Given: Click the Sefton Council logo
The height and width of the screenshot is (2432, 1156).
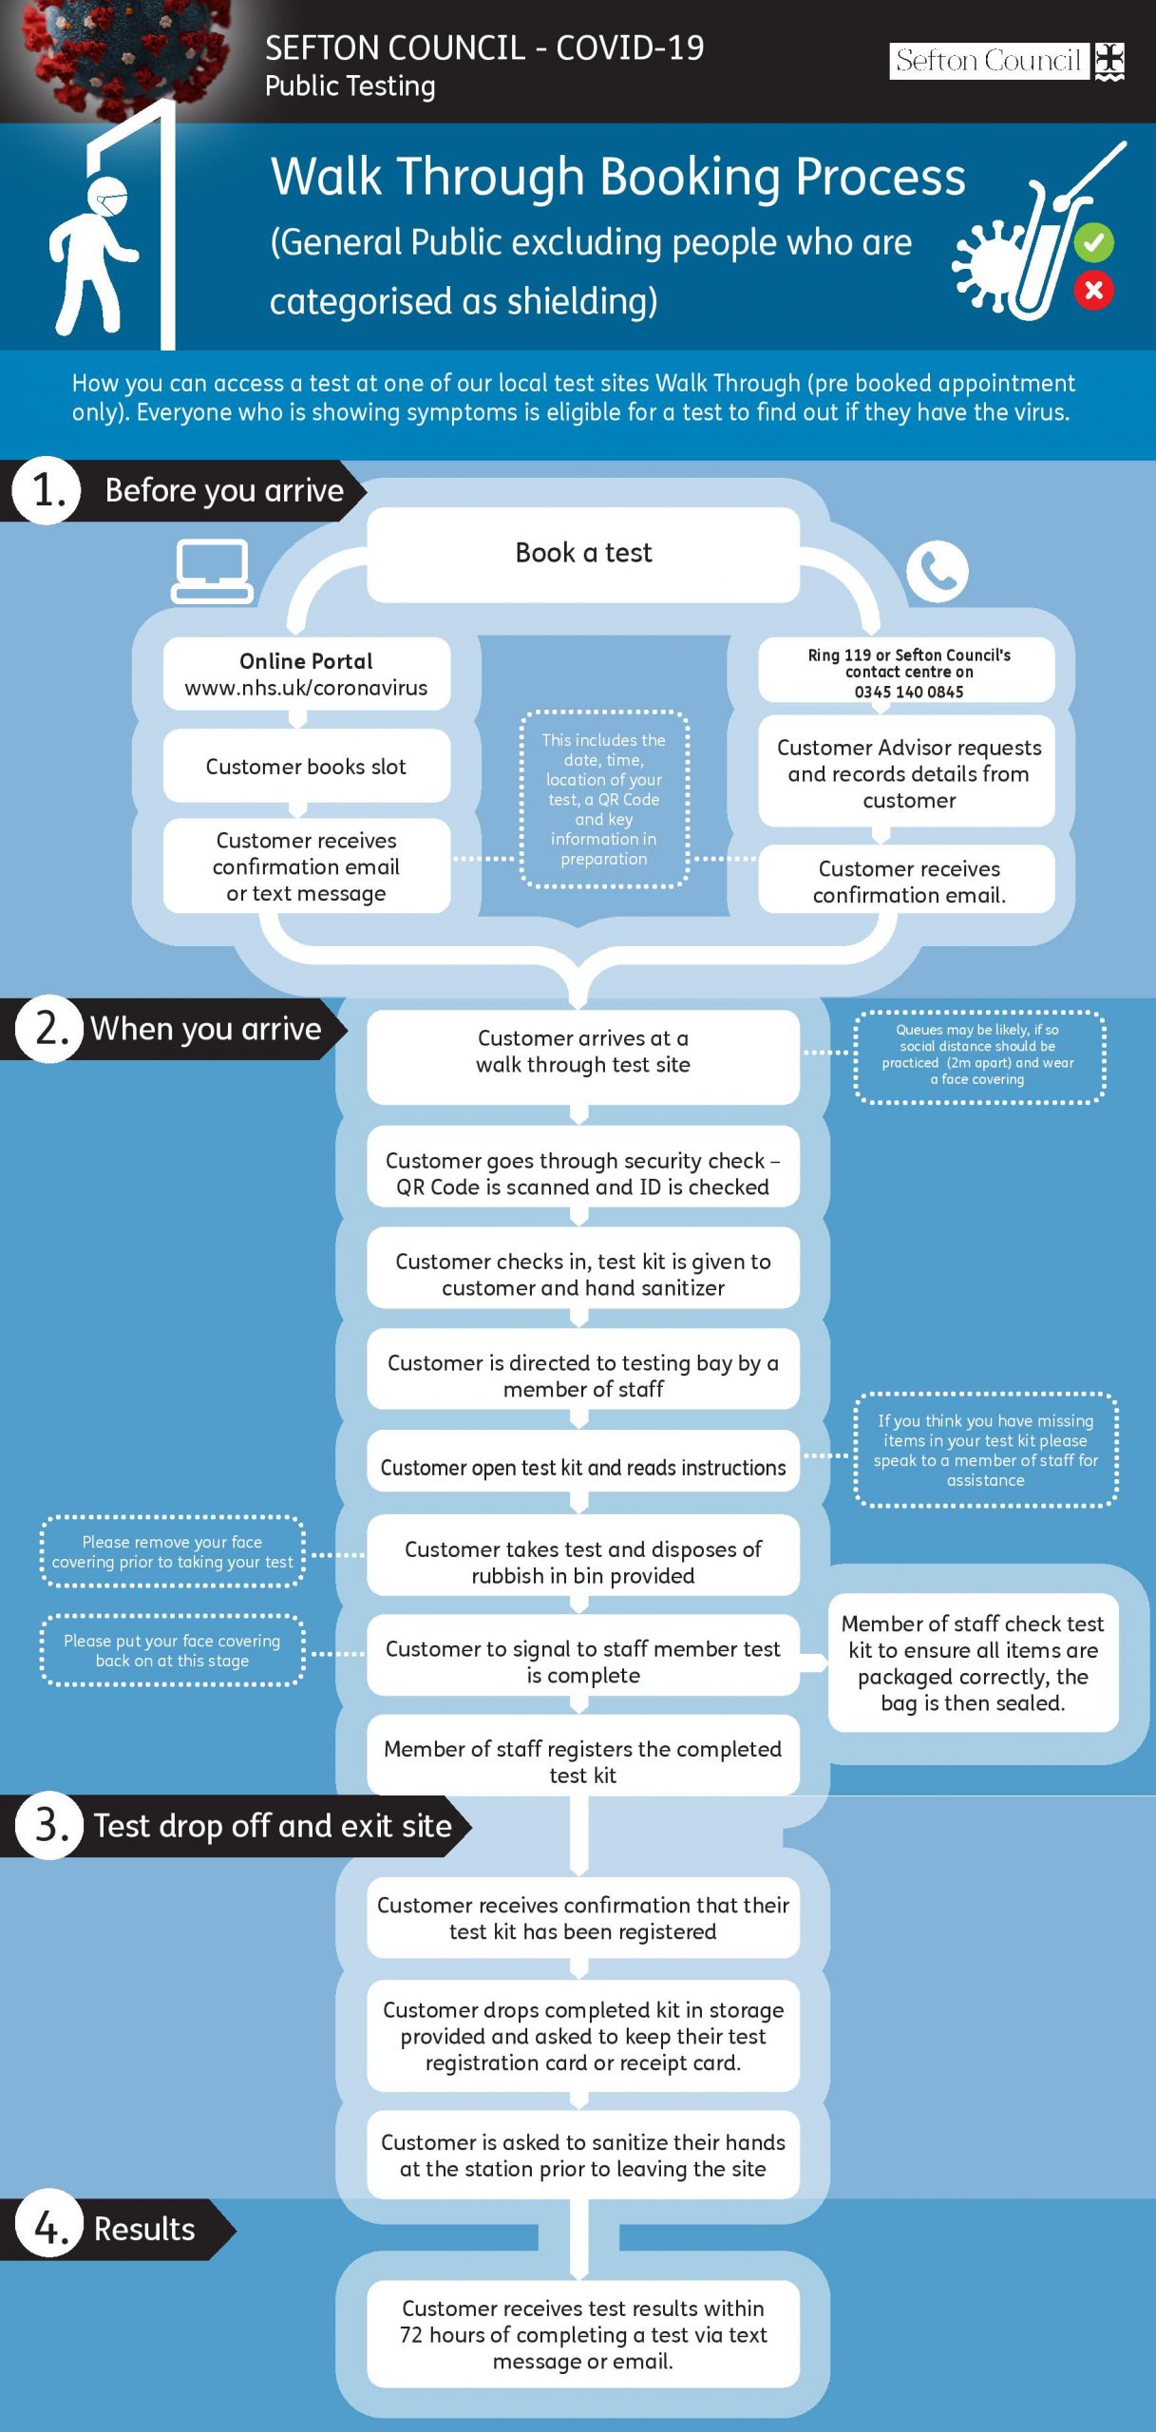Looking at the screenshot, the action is coord(1007,62).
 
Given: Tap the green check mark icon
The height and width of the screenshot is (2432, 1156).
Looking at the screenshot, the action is coord(1093,243).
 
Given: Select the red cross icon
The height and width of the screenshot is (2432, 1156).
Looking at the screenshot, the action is coord(1093,290).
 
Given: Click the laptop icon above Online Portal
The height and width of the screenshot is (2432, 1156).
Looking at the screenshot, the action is coord(212,572).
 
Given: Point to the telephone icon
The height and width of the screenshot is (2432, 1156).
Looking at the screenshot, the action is coord(937,572).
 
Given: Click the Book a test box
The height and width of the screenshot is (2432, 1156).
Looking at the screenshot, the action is coord(583,554).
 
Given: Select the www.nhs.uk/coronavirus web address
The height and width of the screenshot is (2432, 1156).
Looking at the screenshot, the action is coord(306,688).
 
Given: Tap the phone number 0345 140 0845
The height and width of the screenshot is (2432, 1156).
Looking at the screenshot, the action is coord(909,692).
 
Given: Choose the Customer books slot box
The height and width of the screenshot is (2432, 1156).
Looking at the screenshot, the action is coord(306,766).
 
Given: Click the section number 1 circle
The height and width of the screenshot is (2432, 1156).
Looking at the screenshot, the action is coord(47,491).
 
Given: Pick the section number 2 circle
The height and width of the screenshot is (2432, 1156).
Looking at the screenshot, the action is coord(50,1029).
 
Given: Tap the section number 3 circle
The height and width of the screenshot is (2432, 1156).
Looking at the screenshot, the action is coord(50,1825).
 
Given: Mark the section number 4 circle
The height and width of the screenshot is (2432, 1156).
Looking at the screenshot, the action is coord(50,2228).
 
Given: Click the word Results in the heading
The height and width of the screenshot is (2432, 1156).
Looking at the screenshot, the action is coord(144,2229).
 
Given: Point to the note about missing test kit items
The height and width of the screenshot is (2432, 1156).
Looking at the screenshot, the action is coord(986,1450).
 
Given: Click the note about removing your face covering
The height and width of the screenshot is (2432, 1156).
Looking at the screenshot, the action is coord(172,1551).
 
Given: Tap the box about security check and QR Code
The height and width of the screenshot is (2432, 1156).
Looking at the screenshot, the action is coord(583,1173).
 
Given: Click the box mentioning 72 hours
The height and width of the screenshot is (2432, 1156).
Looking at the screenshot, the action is coord(583,2334).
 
